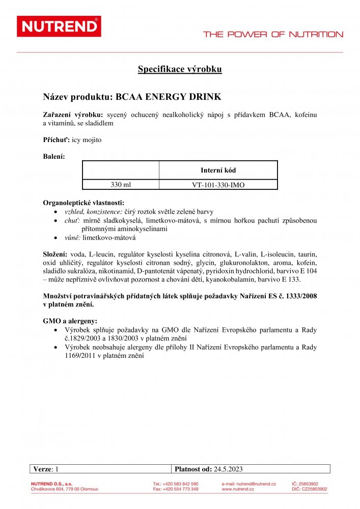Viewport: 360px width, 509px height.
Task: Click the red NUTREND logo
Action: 59,26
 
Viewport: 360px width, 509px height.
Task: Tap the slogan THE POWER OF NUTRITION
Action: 273,35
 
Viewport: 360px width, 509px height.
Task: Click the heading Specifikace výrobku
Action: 180,69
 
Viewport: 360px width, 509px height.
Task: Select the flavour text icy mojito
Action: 87,139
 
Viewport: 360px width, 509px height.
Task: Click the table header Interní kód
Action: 218,171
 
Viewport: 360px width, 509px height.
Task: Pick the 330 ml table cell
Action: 121,185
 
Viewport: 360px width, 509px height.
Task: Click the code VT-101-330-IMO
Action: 218,185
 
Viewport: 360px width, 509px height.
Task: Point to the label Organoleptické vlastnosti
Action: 84,203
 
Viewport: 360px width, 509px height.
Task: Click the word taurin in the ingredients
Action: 307,253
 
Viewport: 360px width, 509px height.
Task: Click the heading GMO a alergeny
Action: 70,322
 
